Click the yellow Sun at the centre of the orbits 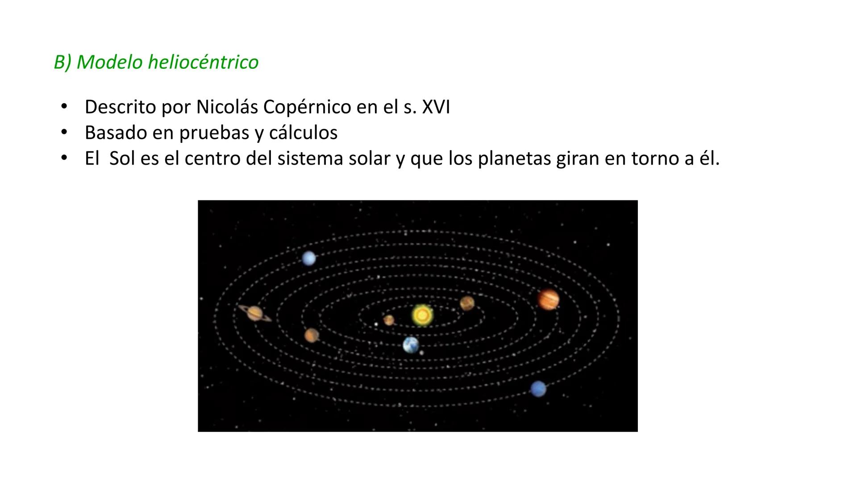[x=422, y=315]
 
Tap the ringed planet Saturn [x=255, y=313]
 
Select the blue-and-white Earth [x=411, y=345]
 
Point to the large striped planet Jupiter [x=548, y=299]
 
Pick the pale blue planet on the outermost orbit [x=309, y=258]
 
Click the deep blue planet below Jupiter [x=538, y=388]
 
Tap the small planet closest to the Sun [x=389, y=320]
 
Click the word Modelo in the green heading [x=109, y=62]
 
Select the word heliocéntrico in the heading [x=203, y=62]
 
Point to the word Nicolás [x=227, y=107]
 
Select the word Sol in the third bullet [x=122, y=158]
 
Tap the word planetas [x=514, y=158]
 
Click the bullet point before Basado [x=64, y=133]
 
